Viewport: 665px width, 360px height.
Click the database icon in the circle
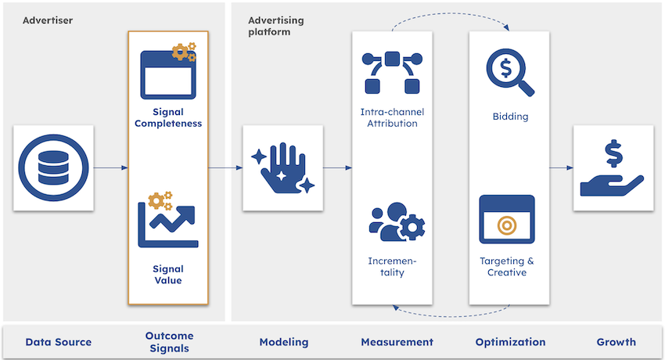(x=54, y=167)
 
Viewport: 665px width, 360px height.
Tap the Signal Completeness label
(x=168, y=117)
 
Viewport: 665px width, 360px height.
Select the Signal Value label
(x=168, y=275)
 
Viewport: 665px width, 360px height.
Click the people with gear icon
(x=397, y=221)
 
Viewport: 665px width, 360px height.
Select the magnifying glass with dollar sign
(x=509, y=72)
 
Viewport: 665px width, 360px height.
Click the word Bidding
(x=510, y=117)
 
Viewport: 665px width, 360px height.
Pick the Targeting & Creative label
(x=507, y=267)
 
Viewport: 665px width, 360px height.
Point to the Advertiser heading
(x=48, y=20)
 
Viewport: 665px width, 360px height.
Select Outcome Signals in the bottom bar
(x=169, y=342)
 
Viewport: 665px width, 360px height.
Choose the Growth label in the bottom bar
(x=616, y=342)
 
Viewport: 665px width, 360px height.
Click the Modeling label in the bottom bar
(x=284, y=342)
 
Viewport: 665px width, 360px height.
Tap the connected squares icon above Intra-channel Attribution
(x=392, y=73)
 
